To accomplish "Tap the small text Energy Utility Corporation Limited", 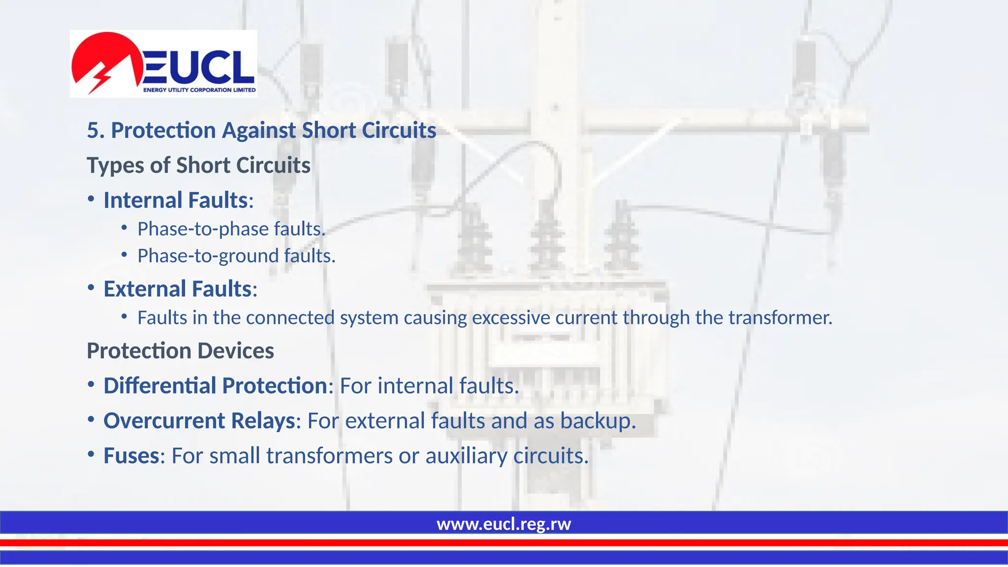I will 199,90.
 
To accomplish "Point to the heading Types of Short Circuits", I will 198,165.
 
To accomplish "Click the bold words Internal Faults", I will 175,200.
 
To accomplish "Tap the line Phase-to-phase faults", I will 231,229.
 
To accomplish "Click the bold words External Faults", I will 177,289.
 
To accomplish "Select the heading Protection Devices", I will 180,351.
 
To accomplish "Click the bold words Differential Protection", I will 215,385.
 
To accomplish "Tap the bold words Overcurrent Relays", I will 199,421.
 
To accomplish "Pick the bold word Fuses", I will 131,456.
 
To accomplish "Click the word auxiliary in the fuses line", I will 466,456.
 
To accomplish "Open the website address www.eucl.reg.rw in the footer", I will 504,524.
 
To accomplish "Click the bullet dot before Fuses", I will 91,454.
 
